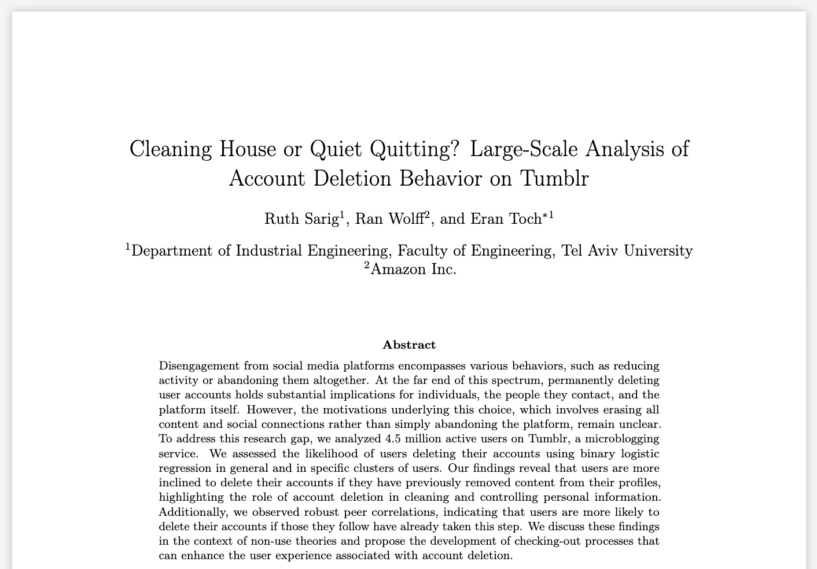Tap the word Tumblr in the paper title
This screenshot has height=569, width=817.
(x=554, y=178)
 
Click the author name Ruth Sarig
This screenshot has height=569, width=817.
(x=301, y=219)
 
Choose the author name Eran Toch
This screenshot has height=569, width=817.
(x=505, y=219)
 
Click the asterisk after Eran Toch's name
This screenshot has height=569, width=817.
(x=545, y=216)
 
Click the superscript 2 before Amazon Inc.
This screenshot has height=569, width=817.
(x=367, y=265)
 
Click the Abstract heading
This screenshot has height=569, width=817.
(x=409, y=345)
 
